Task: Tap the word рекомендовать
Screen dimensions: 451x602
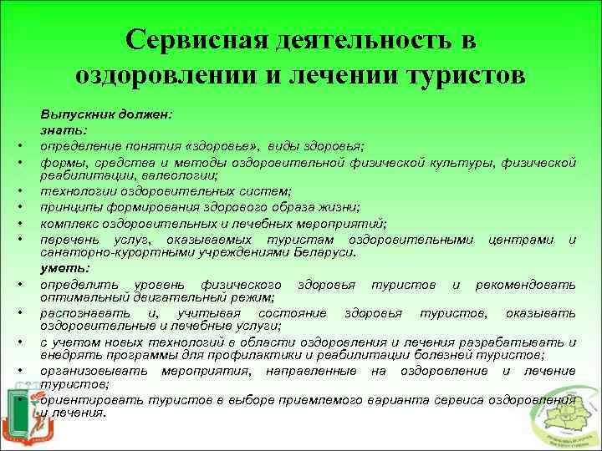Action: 525,285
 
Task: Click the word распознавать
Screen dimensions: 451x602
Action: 80,312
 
